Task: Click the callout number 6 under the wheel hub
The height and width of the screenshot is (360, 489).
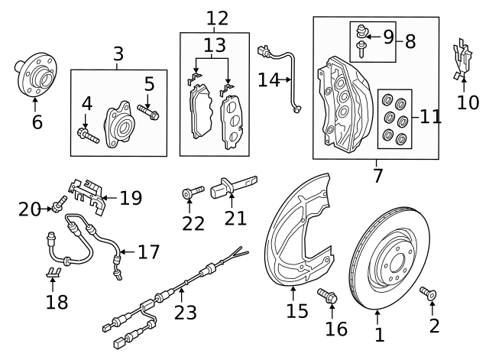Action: coord(36,122)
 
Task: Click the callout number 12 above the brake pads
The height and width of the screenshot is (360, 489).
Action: coord(217,17)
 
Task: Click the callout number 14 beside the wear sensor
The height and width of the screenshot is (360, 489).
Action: coord(269,79)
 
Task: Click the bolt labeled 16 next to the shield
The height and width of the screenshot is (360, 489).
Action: coord(327,297)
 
